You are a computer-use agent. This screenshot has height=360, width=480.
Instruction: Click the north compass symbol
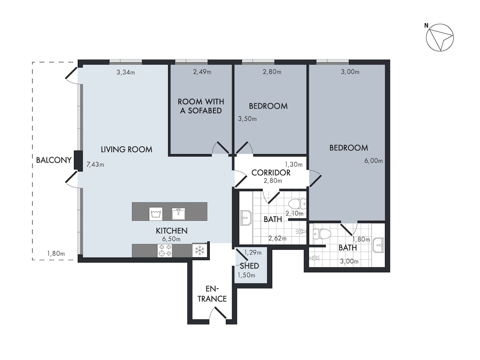pyautogui.click(x=440, y=37)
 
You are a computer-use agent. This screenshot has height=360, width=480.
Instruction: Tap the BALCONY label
pyautogui.click(x=54, y=160)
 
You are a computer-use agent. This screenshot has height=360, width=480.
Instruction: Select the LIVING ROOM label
pyautogui.click(x=126, y=149)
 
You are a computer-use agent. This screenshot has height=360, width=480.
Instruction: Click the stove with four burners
pyautogui.click(x=165, y=250)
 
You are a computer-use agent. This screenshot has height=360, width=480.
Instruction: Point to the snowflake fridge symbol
pyautogui.click(x=200, y=251)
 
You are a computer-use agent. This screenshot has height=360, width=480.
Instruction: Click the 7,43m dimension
pyautogui.click(x=95, y=164)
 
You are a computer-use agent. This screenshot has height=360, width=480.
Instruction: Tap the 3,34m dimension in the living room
pyautogui.click(x=125, y=72)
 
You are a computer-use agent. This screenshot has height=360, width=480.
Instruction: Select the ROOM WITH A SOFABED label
pyautogui.click(x=201, y=106)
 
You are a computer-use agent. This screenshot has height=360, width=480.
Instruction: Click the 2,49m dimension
pyautogui.click(x=202, y=72)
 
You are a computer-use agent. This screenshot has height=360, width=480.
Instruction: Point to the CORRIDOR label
pyautogui.click(x=271, y=173)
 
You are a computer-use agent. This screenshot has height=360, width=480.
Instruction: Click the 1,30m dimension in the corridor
pyautogui.click(x=294, y=164)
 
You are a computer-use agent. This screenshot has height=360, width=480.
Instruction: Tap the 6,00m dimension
pyautogui.click(x=373, y=161)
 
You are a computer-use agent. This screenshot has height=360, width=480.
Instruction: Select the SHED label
pyautogui.click(x=250, y=266)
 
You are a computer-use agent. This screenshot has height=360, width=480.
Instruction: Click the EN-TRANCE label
pyautogui.click(x=212, y=294)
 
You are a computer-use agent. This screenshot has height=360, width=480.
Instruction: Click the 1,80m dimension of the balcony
pyautogui.click(x=56, y=253)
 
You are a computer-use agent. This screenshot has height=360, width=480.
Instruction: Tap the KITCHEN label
pyautogui.click(x=172, y=231)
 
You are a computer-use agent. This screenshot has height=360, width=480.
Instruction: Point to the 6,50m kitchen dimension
pyautogui.click(x=171, y=239)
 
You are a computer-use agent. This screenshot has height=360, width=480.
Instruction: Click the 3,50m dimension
pyautogui.click(x=247, y=119)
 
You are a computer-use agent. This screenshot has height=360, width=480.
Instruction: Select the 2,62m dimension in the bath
pyautogui.click(x=277, y=238)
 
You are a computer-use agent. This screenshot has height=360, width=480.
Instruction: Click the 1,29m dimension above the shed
pyautogui.click(x=253, y=252)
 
